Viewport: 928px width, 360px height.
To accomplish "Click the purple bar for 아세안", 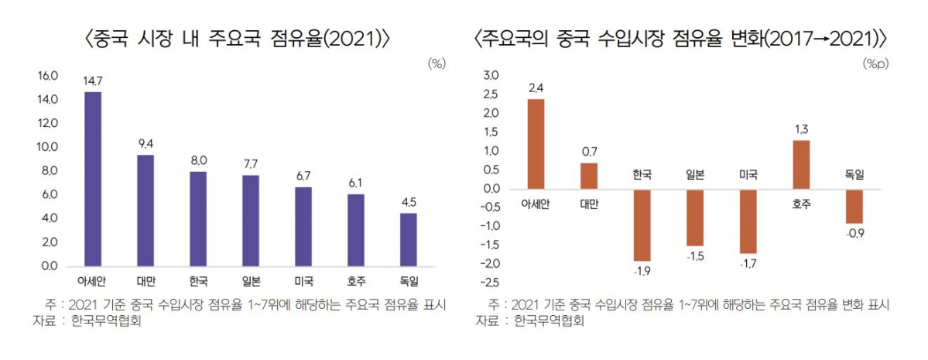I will point(93,179).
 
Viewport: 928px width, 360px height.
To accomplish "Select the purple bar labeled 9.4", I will point(145,211).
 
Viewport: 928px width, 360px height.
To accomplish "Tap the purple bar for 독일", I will point(409,239).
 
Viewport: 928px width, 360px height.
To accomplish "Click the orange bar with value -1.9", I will point(642,225).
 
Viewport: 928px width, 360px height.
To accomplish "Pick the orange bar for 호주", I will point(801,164).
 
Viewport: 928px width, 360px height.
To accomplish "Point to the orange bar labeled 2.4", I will point(536,143).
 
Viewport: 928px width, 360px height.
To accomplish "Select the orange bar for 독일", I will point(854,206).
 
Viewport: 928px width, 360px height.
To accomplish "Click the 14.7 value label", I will point(93,81).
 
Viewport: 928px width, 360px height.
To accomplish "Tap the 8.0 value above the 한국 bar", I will point(198,160).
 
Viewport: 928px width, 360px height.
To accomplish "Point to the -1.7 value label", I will point(748,265).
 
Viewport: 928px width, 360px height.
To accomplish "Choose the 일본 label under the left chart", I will point(251,280).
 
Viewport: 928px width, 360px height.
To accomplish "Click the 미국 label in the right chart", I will point(748,176).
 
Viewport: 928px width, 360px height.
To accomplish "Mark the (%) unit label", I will point(437,64).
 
